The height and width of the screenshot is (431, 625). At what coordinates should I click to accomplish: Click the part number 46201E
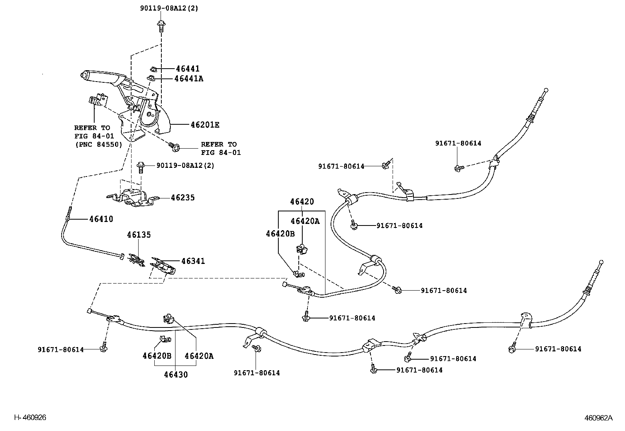pyautogui.click(x=205, y=125)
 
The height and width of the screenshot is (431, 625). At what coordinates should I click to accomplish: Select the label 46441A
pyautogui.click(x=189, y=79)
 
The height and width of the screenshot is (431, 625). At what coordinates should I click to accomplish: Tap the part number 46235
pyautogui.click(x=183, y=198)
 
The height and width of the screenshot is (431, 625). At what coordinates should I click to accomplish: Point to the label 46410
pyautogui.click(x=101, y=219)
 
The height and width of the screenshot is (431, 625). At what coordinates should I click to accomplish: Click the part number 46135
pyautogui.click(x=139, y=235)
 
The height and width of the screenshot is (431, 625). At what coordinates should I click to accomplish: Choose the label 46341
pyautogui.click(x=193, y=261)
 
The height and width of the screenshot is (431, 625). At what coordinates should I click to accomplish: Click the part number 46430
pyautogui.click(x=176, y=375)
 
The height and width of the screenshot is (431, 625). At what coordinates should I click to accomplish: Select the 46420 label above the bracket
pyautogui.click(x=302, y=202)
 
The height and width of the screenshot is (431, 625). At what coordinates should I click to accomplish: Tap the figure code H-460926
pyautogui.click(x=30, y=417)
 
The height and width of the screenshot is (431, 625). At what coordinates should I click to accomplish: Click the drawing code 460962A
pyautogui.click(x=598, y=418)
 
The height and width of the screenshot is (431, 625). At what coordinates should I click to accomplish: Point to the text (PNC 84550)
pyautogui.click(x=99, y=145)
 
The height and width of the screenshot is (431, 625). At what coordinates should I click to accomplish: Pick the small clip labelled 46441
pyautogui.click(x=154, y=69)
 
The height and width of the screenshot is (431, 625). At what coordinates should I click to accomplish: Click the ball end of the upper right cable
pyautogui.click(x=546, y=90)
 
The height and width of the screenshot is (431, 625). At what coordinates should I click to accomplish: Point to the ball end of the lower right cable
pyautogui.click(x=601, y=262)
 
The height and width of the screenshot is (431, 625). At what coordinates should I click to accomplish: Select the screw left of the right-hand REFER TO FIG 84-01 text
pyautogui.click(x=174, y=147)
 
